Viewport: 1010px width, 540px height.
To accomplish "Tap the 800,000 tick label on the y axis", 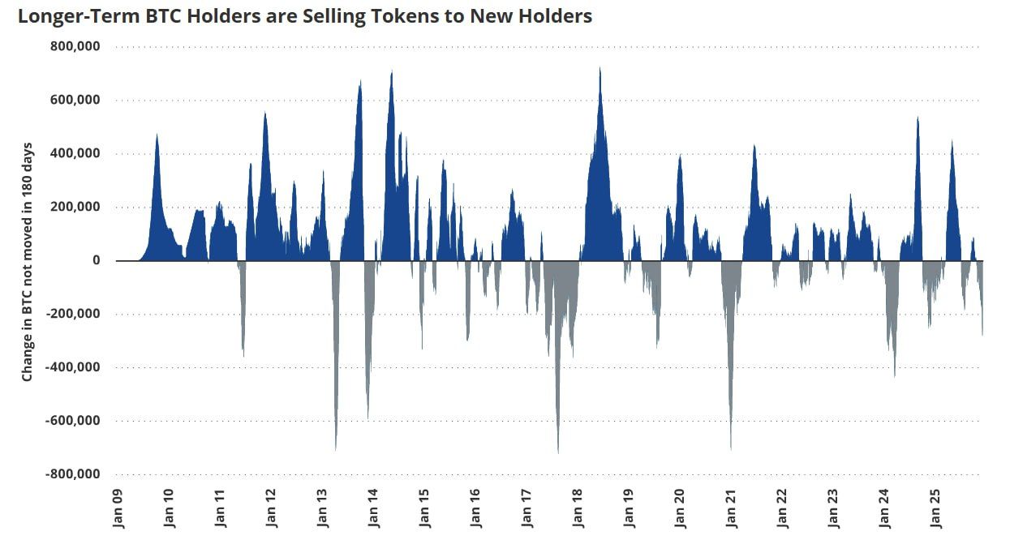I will point(75,46).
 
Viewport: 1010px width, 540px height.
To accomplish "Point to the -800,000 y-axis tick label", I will point(73,474).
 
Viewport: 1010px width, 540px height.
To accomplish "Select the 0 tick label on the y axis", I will point(96,260).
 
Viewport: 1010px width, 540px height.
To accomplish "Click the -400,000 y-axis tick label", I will point(73,367).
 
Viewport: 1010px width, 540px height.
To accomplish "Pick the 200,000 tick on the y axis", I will point(75,207).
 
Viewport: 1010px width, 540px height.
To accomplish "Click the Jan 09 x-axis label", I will point(118,508).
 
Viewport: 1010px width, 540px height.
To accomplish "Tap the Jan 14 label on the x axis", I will point(373,508).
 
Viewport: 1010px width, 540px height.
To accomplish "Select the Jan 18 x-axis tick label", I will point(578,508).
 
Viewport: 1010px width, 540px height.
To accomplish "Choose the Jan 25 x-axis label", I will point(935,508).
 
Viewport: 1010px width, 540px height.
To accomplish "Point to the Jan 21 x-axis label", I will point(730,508).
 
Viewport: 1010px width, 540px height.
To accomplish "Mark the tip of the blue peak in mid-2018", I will point(600,68).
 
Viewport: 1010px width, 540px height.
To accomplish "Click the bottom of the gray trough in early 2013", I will point(336,450).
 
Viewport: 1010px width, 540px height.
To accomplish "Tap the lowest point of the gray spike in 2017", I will point(558,452).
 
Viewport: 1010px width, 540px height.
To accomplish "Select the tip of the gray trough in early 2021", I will point(731,449).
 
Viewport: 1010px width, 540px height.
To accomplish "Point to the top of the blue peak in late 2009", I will point(157,135).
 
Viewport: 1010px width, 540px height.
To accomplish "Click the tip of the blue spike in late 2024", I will point(918,118).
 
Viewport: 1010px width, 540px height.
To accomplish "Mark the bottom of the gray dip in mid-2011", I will point(243,355).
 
